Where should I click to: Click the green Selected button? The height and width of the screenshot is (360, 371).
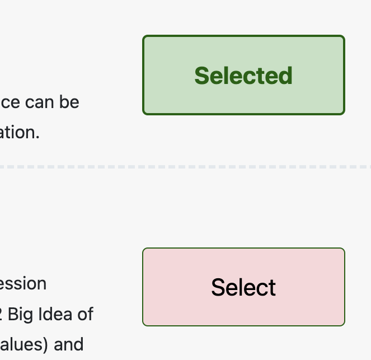pos(243,75)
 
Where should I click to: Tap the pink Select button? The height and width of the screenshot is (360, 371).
pos(243,287)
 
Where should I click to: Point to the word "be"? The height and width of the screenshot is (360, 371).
pos(70,102)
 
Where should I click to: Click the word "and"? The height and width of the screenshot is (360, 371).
pos(69,344)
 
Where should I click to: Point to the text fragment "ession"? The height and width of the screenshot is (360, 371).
pos(23,283)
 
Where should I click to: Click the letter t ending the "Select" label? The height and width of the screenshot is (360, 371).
pos(272,287)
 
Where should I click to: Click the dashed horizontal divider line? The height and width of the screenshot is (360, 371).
pos(185,167)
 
